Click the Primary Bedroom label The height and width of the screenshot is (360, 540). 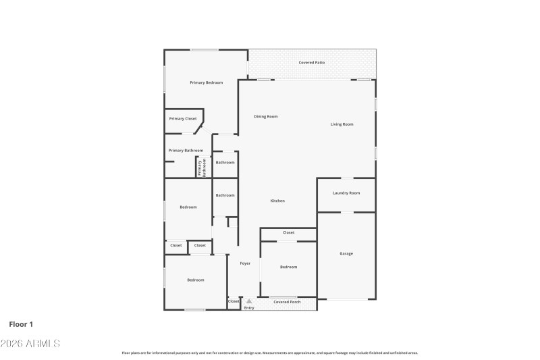click(x=206, y=82)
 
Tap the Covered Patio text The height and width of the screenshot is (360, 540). click(x=312, y=63)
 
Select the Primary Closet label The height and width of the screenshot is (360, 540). click(x=183, y=118)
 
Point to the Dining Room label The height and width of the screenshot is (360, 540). click(x=265, y=116)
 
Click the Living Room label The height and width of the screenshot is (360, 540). click(x=342, y=124)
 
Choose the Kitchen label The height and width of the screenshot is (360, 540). click(x=277, y=201)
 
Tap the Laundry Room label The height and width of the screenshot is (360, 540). click(x=346, y=193)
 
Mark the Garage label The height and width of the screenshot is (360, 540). click(x=346, y=253)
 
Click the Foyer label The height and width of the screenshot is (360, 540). click(x=245, y=263)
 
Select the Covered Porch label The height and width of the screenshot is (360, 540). click(x=287, y=302)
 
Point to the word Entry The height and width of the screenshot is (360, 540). click(x=249, y=308)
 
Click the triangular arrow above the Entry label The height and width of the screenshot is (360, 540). click(x=249, y=301)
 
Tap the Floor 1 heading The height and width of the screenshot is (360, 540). click(x=21, y=324)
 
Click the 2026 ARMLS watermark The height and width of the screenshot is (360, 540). click(x=30, y=344)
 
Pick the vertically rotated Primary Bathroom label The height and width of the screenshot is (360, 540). click(x=200, y=167)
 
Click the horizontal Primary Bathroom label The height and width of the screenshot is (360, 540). click(x=186, y=150)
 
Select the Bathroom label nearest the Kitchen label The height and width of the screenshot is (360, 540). click(x=225, y=195)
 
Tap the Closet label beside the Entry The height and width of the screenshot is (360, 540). click(x=234, y=301)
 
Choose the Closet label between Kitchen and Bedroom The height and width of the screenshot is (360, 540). click(x=288, y=232)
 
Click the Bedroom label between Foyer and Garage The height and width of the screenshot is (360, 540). click(x=288, y=267)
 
